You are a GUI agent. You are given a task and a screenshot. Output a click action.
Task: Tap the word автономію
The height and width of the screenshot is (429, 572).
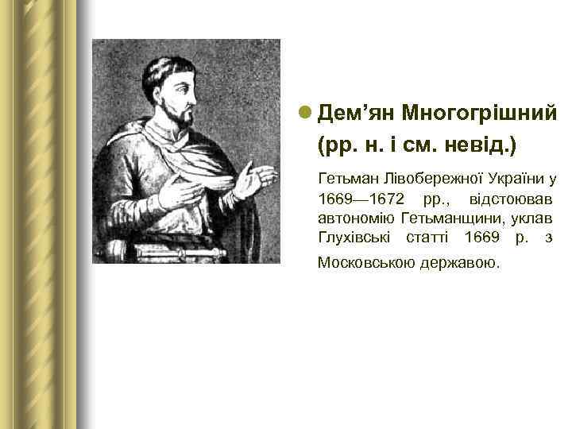(356, 217)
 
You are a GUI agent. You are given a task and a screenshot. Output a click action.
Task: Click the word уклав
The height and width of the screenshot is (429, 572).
(531, 217)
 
